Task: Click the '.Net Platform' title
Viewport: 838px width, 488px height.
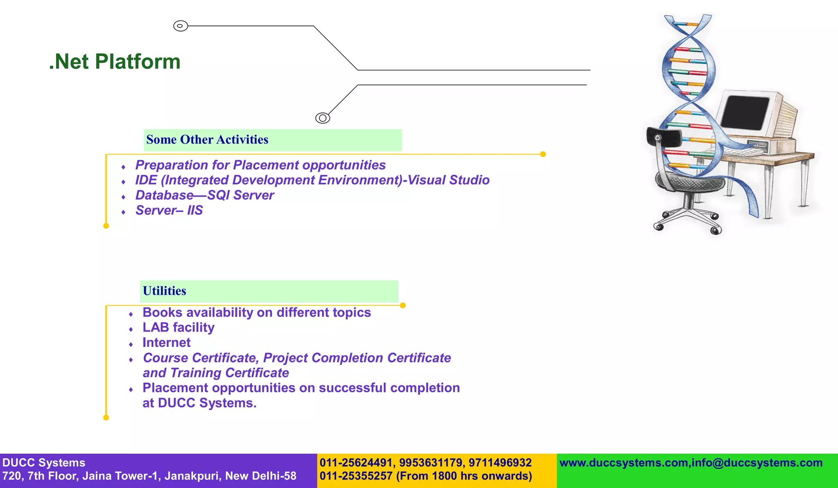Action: click(x=115, y=62)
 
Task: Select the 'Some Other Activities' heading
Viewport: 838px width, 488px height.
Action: click(x=207, y=140)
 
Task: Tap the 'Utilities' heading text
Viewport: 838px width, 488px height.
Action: click(x=164, y=291)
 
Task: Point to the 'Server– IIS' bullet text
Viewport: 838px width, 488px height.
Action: click(x=169, y=210)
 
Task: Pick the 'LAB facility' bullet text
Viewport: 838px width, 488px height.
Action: click(x=178, y=328)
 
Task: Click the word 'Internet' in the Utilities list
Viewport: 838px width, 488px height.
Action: click(x=167, y=343)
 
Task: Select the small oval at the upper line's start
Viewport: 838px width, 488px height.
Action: click(x=180, y=26)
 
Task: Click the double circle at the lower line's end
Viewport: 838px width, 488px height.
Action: click(x=322, y=118)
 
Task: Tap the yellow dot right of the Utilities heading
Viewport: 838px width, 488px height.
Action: click(x=403, y=306)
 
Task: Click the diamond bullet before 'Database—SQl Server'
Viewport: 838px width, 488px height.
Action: click(x=123, y=197)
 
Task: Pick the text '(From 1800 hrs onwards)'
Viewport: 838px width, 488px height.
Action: click(x=464, y=476)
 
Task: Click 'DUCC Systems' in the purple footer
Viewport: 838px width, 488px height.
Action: click(x=44, y=463)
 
